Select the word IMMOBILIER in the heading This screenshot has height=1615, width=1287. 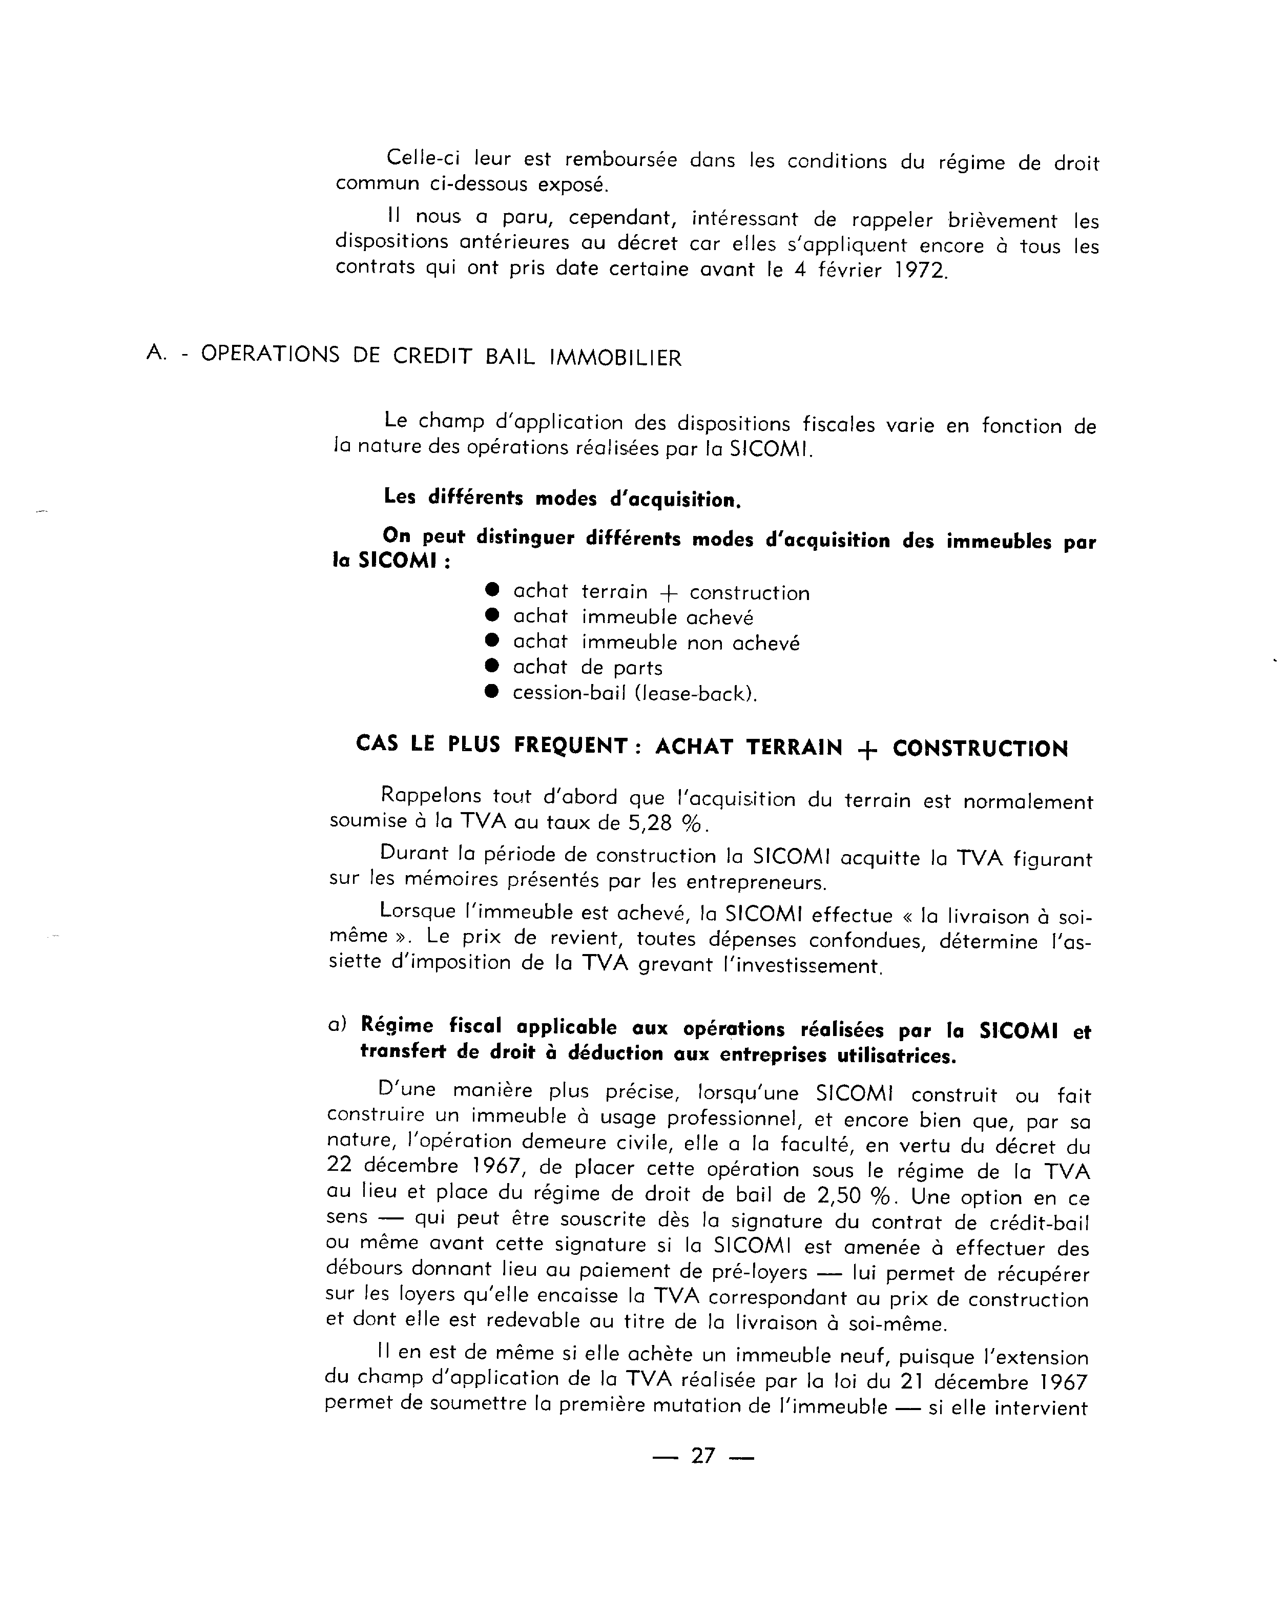[616, 358]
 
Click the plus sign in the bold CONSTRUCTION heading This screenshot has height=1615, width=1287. [867, 750]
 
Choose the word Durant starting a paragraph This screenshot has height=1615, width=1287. [414, 853]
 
